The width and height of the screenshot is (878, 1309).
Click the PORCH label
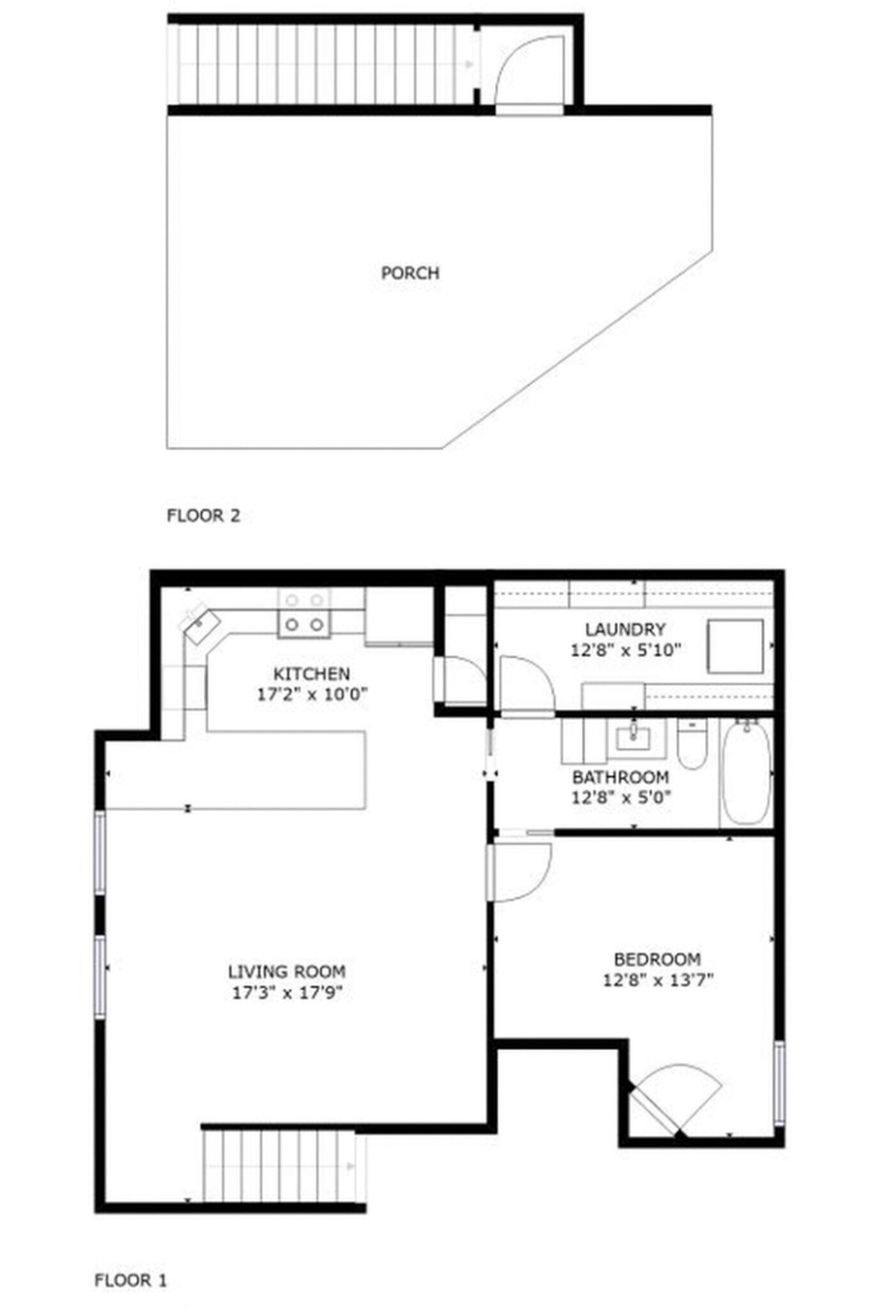[410, 273]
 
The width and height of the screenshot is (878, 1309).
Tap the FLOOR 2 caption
[203, 515]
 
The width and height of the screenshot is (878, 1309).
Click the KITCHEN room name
[311, 674]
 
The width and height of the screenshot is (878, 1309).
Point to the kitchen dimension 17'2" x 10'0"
[312, 694]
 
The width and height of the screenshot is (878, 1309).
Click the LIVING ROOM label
[287, 972]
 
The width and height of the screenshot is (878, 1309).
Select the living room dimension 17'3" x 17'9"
[287, 993]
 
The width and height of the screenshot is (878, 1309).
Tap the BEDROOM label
[657, 959]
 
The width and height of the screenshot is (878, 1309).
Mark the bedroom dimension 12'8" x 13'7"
[658, 979]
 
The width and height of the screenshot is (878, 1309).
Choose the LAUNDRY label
[625, 629]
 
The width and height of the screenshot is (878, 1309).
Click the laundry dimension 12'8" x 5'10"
[626, 650]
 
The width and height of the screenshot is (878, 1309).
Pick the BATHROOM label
[620, 777]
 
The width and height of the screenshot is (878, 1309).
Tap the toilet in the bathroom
[691, 745]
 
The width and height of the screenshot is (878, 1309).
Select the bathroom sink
[633, 739]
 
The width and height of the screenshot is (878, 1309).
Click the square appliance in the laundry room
[735, 646]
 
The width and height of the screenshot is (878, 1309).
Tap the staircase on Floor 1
[279, 1166]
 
